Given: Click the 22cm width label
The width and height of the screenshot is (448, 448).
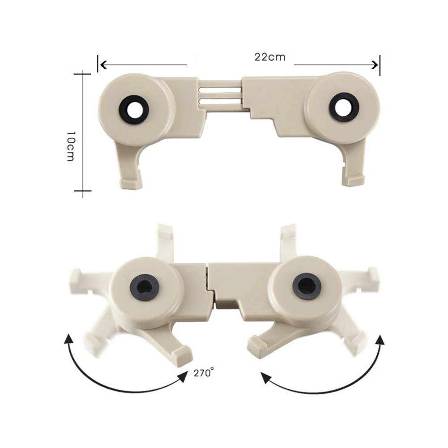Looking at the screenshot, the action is pos(270,57).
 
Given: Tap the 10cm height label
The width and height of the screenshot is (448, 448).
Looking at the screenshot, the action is pos(71,146).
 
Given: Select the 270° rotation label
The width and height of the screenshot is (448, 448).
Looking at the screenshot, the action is pos(204,373).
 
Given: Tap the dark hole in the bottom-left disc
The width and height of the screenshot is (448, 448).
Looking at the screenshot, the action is pos(144,287).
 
